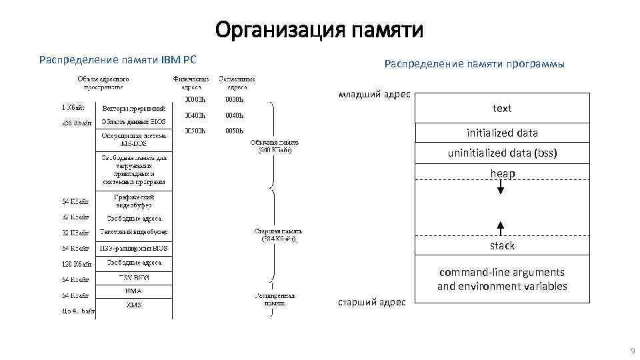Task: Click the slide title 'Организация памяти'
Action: (x=319, y=31)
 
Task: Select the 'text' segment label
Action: (x=502, y=108)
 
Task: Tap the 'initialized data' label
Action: (x=502, y=133)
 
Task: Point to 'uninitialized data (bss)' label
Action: (x=502, y=153)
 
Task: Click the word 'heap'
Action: (x=502, y=174)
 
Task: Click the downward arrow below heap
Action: (x=501, y=189)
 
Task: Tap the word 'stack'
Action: (x=502, y=246)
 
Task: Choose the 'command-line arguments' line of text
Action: (x=502, y=273)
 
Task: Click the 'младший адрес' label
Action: (x=375, y=95)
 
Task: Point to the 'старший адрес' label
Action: (x=373, y=302)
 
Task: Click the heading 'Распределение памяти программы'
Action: (x=474, y=64)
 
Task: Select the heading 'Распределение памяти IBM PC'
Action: (x=118, y=60)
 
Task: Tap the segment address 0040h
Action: (x=234, y=115)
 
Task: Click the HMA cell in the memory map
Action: (x=133, y=291)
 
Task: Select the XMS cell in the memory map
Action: (x=133, y=305)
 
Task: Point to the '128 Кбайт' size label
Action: (x=75, y=263)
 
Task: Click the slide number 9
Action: (x=631, y=351)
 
